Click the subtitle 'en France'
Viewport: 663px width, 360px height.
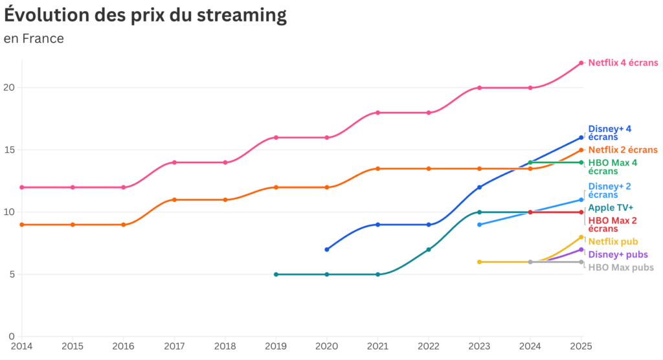pyautogui.click(x=34, y=39)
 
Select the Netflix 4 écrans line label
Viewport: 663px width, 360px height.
pyautogui.click(x=623, y=63)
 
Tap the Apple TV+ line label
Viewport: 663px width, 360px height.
pyautogui.click(x=611, y=208)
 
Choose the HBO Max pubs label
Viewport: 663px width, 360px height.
pyautogui.click(x=621, y=267)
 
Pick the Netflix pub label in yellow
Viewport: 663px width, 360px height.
pyautogui.click(x=612, y=242)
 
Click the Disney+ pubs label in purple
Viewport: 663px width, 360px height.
pyautogui.click(x=618, y=254)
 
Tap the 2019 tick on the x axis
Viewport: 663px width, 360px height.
pyautogui.click(x=276, y=346)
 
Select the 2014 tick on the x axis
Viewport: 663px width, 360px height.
pyautogui.click(x=21, y=346)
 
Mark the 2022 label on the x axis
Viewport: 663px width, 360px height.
pyautogui.click(x=429, y=346)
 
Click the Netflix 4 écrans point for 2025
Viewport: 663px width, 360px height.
pyautogui.click(x=581, y=63)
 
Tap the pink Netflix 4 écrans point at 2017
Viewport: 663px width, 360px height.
pyautogui.click(x=174, y=163)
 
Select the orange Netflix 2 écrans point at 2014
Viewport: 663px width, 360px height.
pyautogui.click(x=21, y=225)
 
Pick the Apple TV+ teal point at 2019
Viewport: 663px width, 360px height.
pyautogui.click(x=276, y=275)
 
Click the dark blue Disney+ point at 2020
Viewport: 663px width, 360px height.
pyautogui.click(x=327, y=249)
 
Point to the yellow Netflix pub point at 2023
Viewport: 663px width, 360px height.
pyautogui.click(x=480, y=262)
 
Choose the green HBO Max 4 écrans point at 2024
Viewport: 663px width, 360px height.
pyautogui.click(x=530, y=163)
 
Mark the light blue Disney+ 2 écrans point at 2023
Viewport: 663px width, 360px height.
pyautogui.click(x=480, y=225)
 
